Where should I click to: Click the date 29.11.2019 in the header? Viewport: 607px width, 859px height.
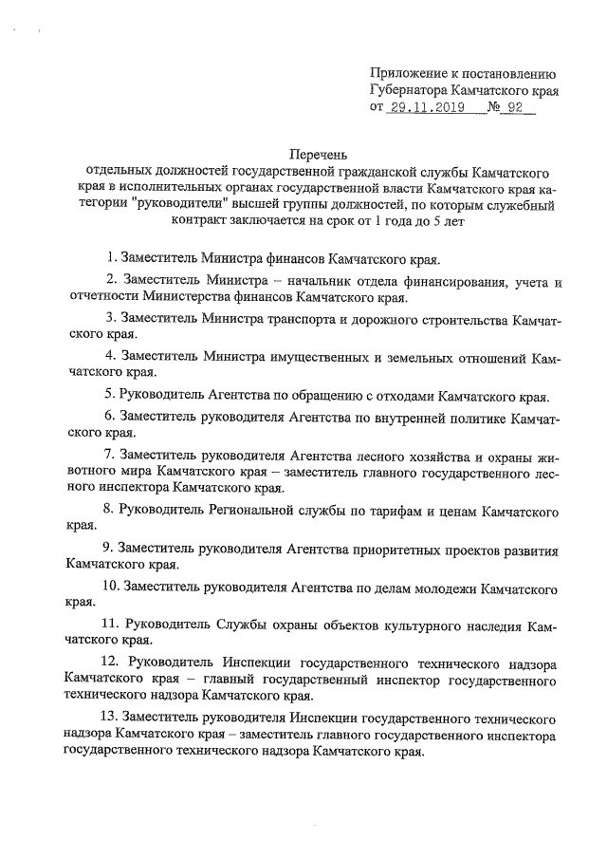423,109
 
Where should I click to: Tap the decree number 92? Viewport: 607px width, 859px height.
516,109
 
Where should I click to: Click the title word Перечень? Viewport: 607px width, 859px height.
321,154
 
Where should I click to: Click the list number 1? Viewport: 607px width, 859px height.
111,257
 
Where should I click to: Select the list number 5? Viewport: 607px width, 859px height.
110,394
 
